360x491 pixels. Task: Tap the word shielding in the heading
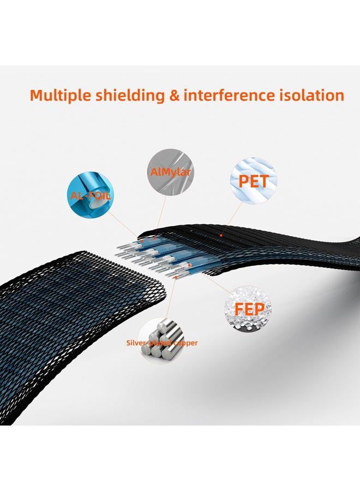pos(130,95)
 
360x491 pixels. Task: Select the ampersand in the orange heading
pos(175,95)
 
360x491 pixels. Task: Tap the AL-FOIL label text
pos(91,196)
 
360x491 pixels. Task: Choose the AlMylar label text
pos(171,172)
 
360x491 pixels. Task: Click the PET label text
pos(254,181)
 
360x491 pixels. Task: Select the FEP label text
pos(249,309)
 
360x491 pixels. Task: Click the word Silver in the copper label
pos(136,343)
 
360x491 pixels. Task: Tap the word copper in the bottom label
pos(185,343)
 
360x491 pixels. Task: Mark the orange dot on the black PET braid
pos(221,235)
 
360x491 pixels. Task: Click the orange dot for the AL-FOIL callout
pos(142,241)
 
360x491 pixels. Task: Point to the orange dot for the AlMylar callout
pos(154,238)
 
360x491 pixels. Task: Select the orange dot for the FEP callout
pos(189,265)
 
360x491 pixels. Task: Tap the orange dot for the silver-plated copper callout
pos(177,277)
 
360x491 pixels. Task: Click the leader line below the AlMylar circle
pos(160,215)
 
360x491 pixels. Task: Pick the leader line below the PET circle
pos(232,218)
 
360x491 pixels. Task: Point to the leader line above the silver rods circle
pos(171,297)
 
